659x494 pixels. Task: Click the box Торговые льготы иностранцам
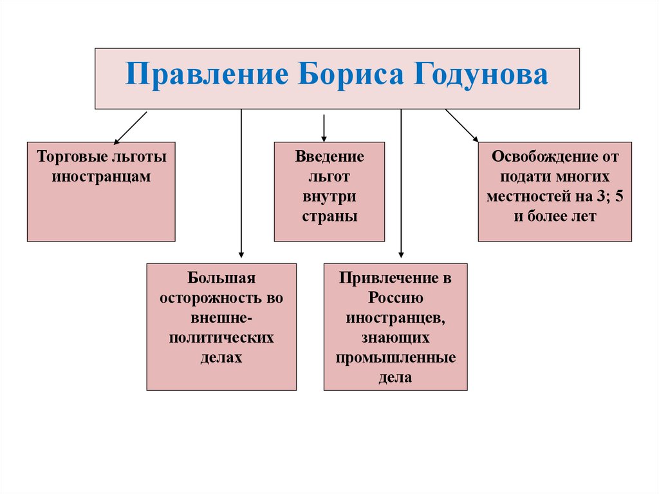coord(101,191)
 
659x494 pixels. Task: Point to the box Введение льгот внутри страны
coord(329,191)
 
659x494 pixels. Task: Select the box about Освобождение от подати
coord(555,191)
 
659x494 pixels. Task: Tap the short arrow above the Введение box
coord(324,128)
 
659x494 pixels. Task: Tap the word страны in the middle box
coord(329,216)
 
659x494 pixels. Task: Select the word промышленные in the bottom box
coord(395,357)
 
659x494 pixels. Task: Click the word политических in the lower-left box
coord(221,337)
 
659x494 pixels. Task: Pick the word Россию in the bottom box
coord(395,298)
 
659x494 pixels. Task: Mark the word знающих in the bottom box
coord(395,337)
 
